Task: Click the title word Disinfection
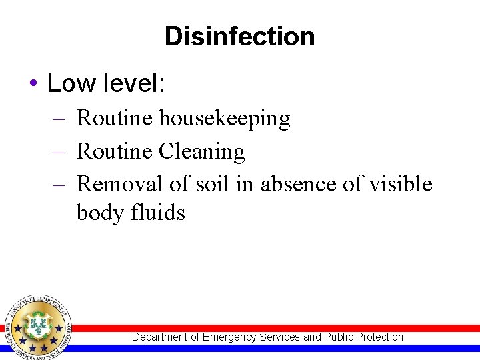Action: (239, 36)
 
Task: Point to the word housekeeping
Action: (225, 119)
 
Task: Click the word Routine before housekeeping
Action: (115, 119)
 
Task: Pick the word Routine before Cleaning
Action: (115, 152)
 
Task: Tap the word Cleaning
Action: (202, 152)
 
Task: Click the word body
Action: (99, 213)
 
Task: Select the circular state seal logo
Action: (39, 326)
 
